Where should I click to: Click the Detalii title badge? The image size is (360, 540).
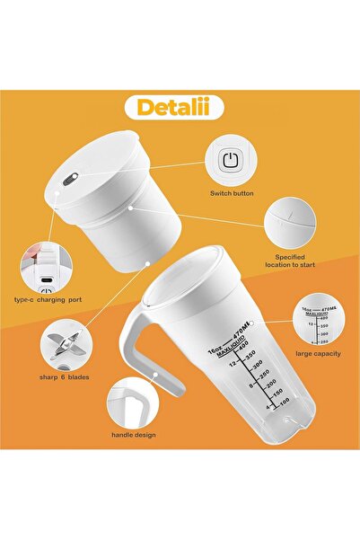180,106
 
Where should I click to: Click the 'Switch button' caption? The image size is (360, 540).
232,193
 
